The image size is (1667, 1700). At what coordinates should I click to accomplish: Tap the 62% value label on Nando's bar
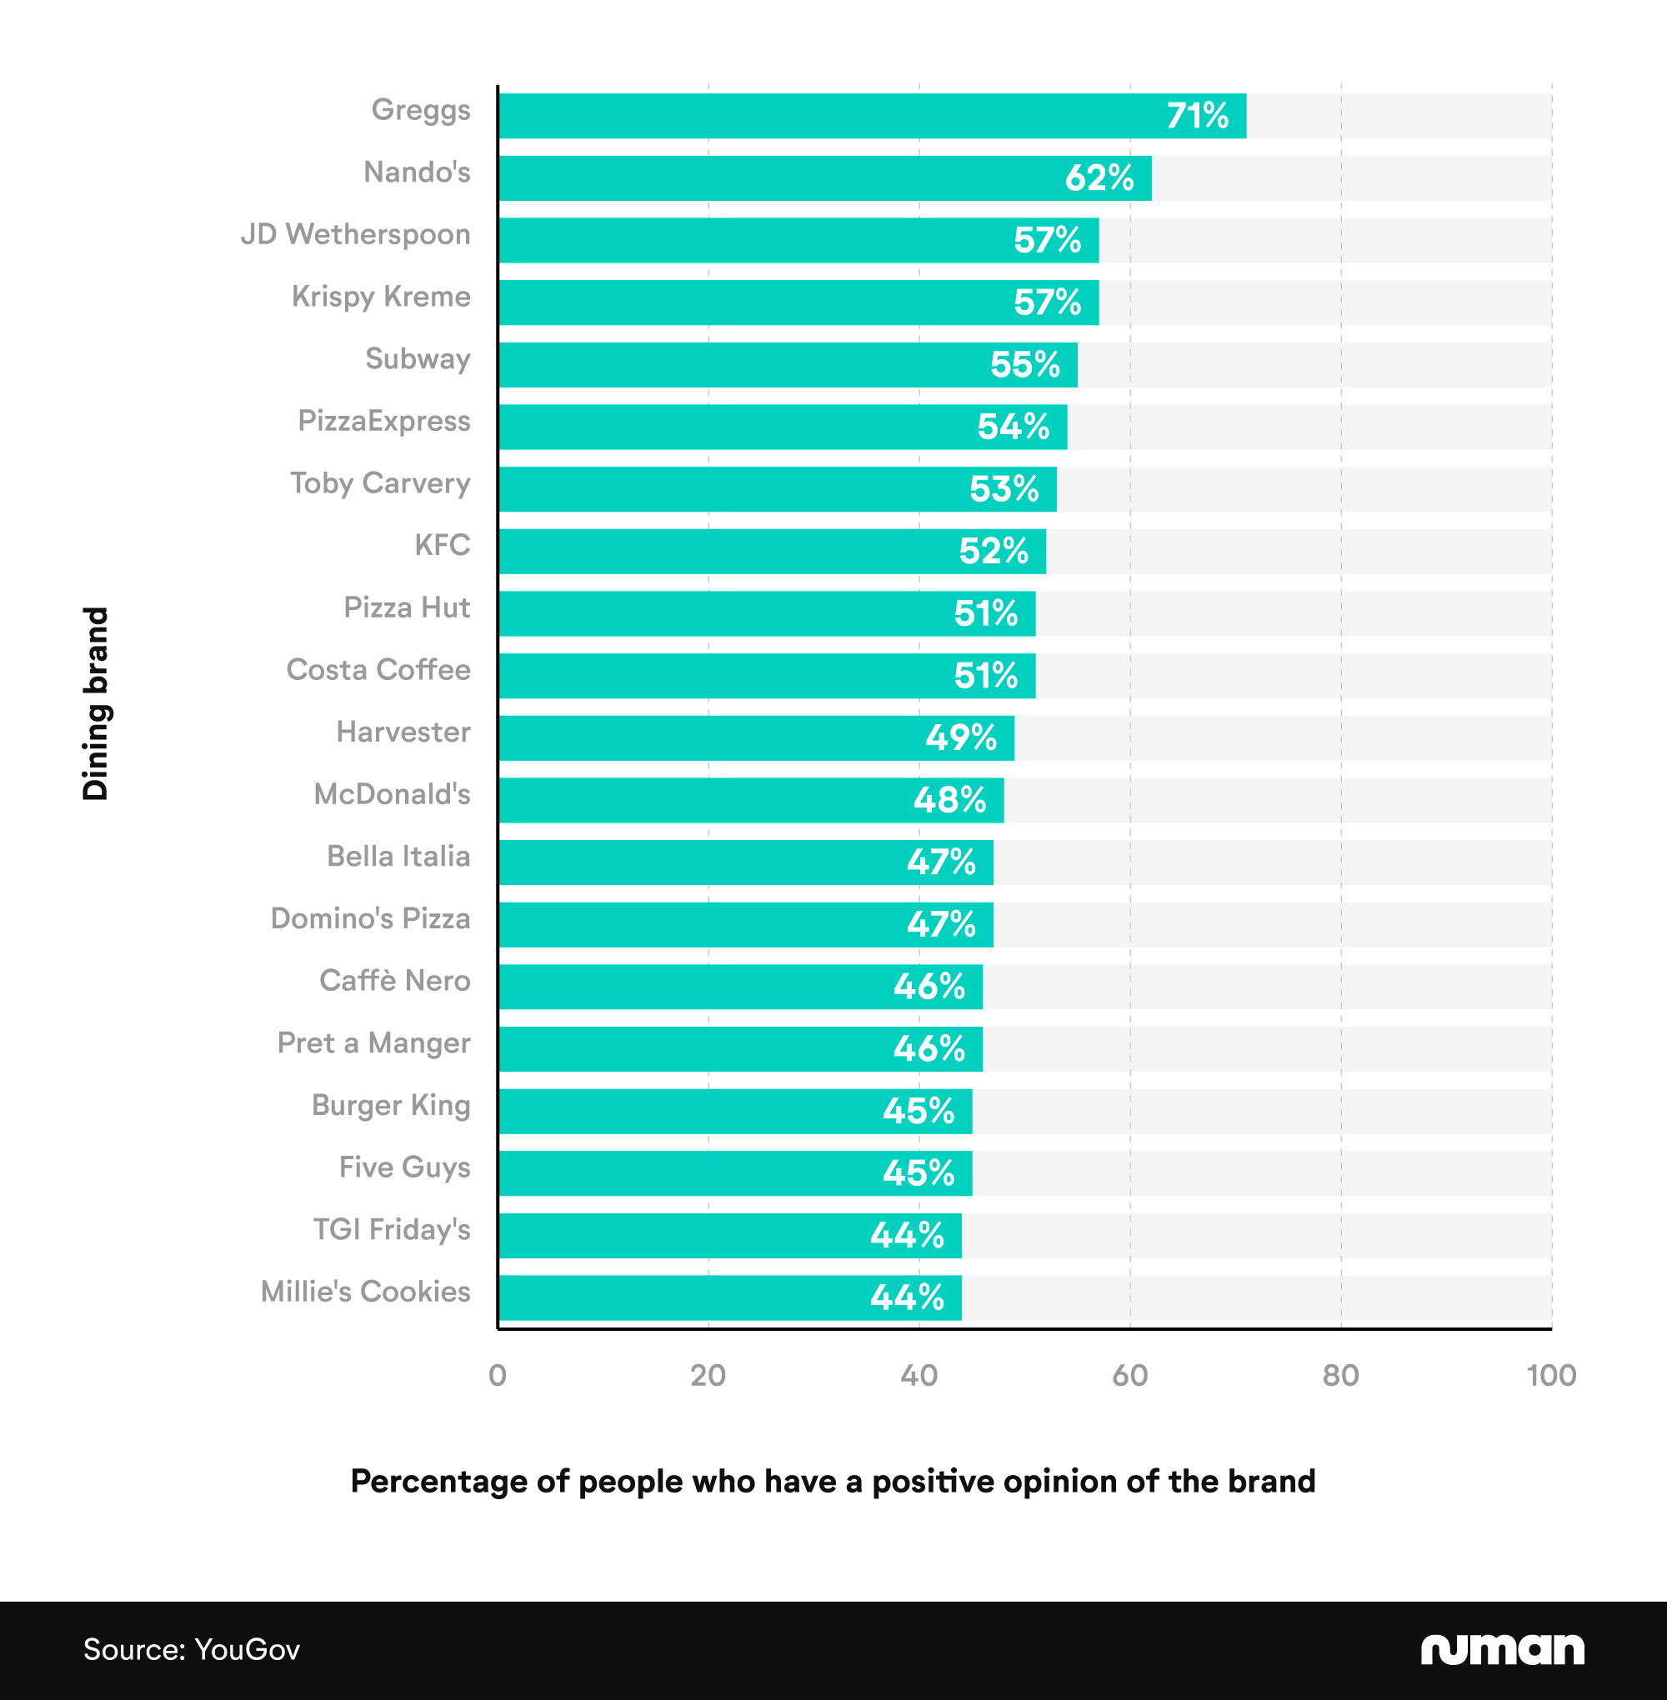[1099, 178]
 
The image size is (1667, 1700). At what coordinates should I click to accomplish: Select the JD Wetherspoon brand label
[355, 235]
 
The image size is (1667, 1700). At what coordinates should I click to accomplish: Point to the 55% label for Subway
[1024, 365]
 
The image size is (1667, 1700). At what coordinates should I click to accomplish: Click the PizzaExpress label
[383, 421]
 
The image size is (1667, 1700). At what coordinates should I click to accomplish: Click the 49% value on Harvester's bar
[960, 738]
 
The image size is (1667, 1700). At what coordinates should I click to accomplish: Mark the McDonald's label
[393, 794]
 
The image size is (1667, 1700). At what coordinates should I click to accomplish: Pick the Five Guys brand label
[404, 1167]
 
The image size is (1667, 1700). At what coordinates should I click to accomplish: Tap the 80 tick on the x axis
[1340, 1375]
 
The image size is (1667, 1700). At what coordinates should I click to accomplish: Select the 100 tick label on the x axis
[1550, 1375]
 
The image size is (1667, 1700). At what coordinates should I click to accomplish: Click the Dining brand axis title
[95, 704]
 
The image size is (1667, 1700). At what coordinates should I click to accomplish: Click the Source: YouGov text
[191, 1649]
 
